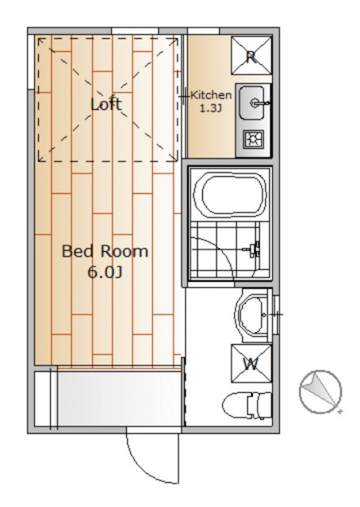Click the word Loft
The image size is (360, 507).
[106, 104]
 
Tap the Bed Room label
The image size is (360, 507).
[105, 251]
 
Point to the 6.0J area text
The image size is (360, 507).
[105, 273]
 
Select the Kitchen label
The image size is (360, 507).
[211, 95]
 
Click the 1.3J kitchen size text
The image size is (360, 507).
[210, 109]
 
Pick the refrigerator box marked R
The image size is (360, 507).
[251, 55]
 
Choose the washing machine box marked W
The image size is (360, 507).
[251, 364]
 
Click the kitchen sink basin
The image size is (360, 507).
[251, 102]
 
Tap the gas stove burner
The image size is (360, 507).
[254, 139]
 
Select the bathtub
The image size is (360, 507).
[231, 196]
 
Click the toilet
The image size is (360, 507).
[247, 406]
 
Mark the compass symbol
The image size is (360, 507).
[320, 392]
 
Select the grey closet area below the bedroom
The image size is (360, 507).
[119, 398]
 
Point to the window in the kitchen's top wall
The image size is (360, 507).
[203, 31]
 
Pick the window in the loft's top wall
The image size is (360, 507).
[135, 31]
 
